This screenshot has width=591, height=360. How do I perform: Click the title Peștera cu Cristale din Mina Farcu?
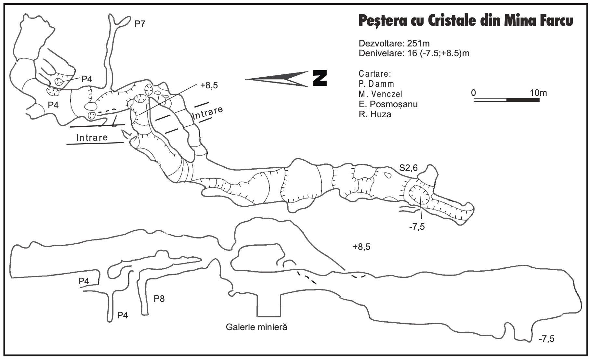[x=465, y=21]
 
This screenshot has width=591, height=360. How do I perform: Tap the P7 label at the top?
[x=140, y=24]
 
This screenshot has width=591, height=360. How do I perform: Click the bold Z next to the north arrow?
[x=320, y=78]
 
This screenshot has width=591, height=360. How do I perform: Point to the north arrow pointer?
[x=276, y=79]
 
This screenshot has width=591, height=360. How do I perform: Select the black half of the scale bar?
[x=523, y=100]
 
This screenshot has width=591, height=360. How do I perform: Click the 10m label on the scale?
[x=538, y=93]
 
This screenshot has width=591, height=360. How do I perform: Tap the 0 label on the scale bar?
[x=473, y=93]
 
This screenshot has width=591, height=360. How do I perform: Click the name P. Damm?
[x=376, y=84]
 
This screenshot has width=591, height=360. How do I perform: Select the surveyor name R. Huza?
[x=375, y=114]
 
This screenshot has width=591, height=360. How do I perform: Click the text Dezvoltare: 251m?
[x=394, y=44]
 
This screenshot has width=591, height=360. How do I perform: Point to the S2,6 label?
[x=408, y=168]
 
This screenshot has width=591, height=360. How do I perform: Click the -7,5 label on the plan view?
[x=417, y=226]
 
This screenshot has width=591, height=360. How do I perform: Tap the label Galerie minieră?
[x=256, y=327]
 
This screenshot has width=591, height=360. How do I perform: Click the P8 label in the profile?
[x=159, y=299]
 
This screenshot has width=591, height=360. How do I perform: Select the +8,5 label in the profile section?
[x=361, y=247]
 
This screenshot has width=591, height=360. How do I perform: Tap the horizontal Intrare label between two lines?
[x=92, y=137]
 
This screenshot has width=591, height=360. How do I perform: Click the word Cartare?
[x=375, y=73]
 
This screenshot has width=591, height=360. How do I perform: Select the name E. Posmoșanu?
[x=388, y=104]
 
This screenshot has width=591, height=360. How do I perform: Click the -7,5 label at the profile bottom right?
[x=546, y=339]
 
